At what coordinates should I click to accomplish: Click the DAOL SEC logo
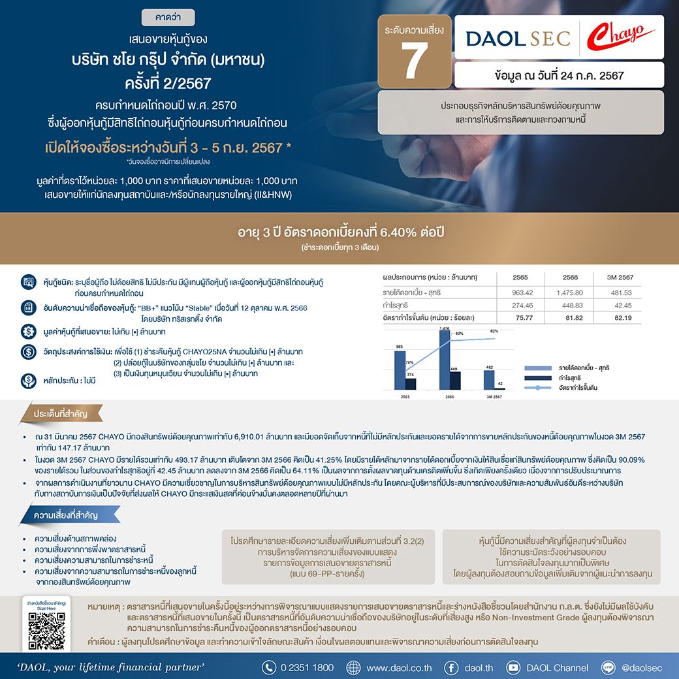pyautogui.click(x=518, y=38)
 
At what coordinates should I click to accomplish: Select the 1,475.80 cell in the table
pyautogui.click(x=569, y=292)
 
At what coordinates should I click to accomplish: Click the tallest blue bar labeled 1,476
pyautogui.click(x=444, y=359)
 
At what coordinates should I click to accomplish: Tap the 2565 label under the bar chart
pyautogui.click(x=405, y=396)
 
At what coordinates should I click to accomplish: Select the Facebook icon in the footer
pyautogui.click(x=451, y=667)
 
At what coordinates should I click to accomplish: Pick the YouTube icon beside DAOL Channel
pyautogui.click(x=513, y=667)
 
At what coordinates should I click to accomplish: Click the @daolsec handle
pyautogui.click(x=642, y=667)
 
